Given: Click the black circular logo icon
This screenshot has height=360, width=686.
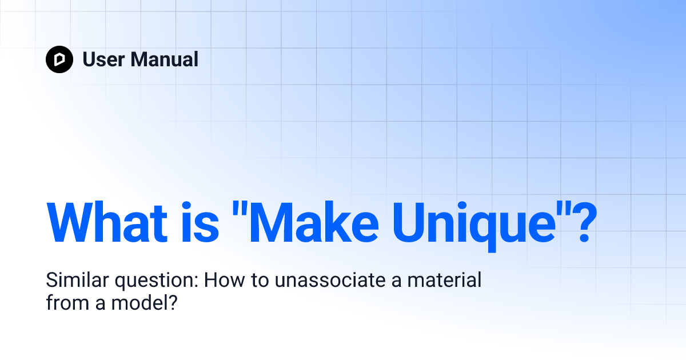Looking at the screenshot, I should tap(59, 59).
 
